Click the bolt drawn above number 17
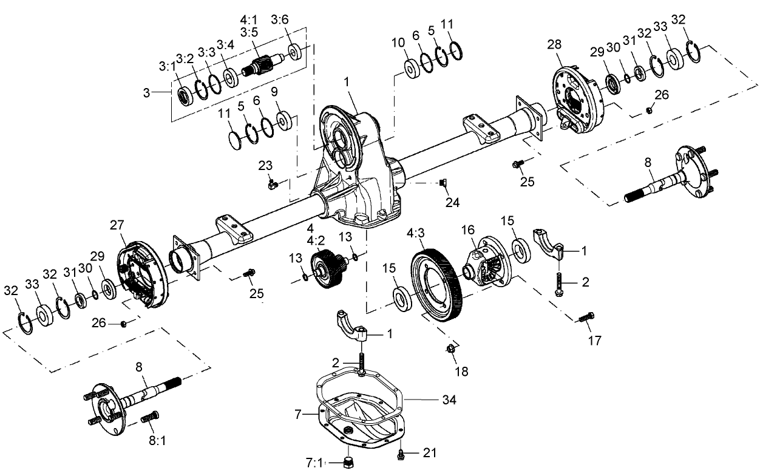point(585,317)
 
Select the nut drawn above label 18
point(451,350)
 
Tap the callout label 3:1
point(167,65)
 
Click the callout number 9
point(274,92)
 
